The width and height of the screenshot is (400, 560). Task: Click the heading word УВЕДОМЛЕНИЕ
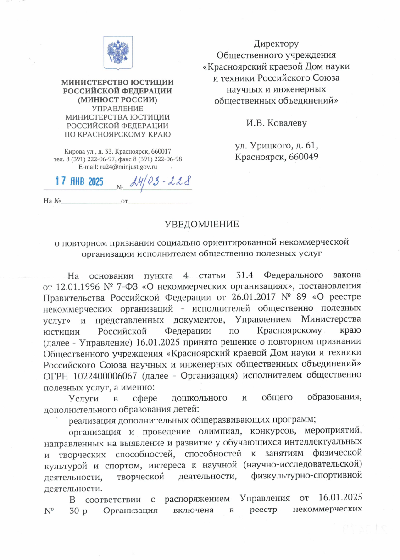(x=202, y=225)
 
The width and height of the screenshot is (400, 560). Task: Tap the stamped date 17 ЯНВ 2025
(x=79, y=181)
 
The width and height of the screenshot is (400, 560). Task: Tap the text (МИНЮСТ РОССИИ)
(x=118, y=99)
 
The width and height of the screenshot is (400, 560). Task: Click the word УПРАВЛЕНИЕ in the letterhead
(x=118, y=109)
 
